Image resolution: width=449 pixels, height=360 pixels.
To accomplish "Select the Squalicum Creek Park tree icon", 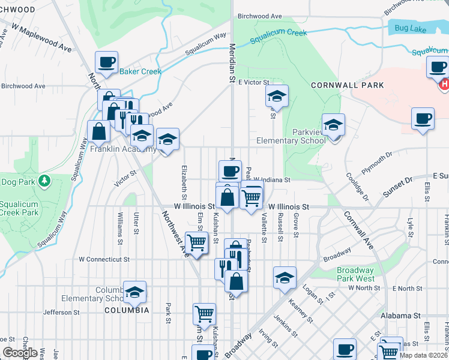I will click(x=44, y=181).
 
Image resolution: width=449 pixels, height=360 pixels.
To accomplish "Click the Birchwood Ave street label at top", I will click(x=259, y=16).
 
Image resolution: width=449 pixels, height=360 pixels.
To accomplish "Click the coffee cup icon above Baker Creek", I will click(x=106, y=62).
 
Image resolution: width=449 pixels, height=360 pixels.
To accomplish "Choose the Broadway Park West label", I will click(x=356, y=275).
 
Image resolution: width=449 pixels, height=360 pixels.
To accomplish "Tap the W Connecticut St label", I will click(x=104, y=260).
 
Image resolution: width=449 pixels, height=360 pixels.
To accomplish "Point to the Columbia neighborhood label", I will click(x=127, y=310).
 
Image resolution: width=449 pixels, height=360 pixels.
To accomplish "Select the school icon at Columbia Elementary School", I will click(x=134, y=292).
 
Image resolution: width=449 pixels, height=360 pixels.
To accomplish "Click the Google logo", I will click(x=20, y=353).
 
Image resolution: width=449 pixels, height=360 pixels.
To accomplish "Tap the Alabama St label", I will click(x=400, y=315).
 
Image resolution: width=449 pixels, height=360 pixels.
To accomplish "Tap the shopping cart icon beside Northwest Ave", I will click(x=196, y=242).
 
